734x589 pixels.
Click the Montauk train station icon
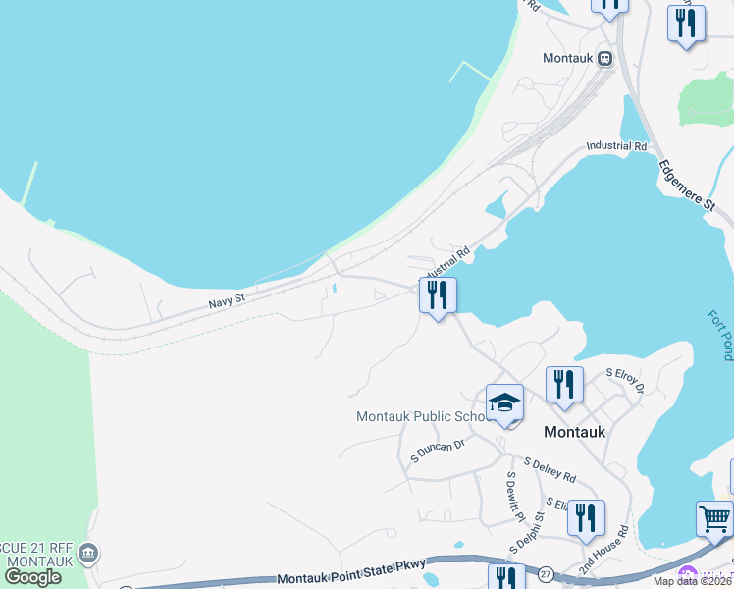605,58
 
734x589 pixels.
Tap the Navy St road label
226,302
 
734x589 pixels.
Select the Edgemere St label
687,185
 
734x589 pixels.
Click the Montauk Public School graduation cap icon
504,402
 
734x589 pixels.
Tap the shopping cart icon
714,518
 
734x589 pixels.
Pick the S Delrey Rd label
550,469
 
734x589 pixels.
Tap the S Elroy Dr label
624,380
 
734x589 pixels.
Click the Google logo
32,577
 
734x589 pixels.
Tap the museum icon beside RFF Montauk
89,552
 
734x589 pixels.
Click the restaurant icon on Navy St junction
438,294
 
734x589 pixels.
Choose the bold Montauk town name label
574,432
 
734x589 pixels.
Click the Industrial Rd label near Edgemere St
617,146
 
